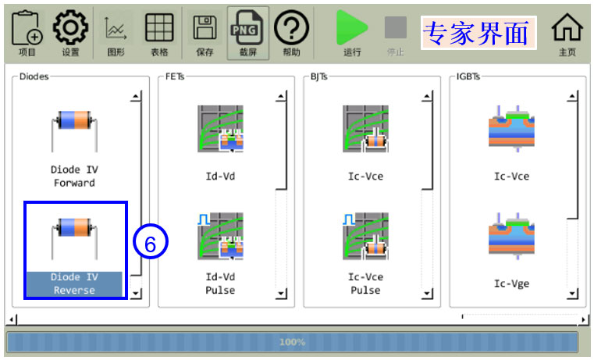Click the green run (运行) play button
[351, 27]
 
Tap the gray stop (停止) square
[396, 27]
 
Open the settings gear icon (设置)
[70, 27]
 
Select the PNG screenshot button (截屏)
[248, 27]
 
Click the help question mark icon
[291, 27]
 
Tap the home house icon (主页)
[567, 27]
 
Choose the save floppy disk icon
[205, 27]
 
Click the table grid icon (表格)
[159, 27]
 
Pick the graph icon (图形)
[116, 28]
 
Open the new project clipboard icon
[27, 28]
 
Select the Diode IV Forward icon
[74, 130]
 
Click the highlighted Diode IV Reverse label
[74, 283]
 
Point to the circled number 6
[151, 241]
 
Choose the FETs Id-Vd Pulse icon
[220, 236]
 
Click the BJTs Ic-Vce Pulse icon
[365, 236]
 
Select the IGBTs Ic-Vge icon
[511, 236]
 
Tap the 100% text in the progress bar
[292, 342]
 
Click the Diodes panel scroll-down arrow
[136, 293]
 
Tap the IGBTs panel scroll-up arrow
[572, 96]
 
